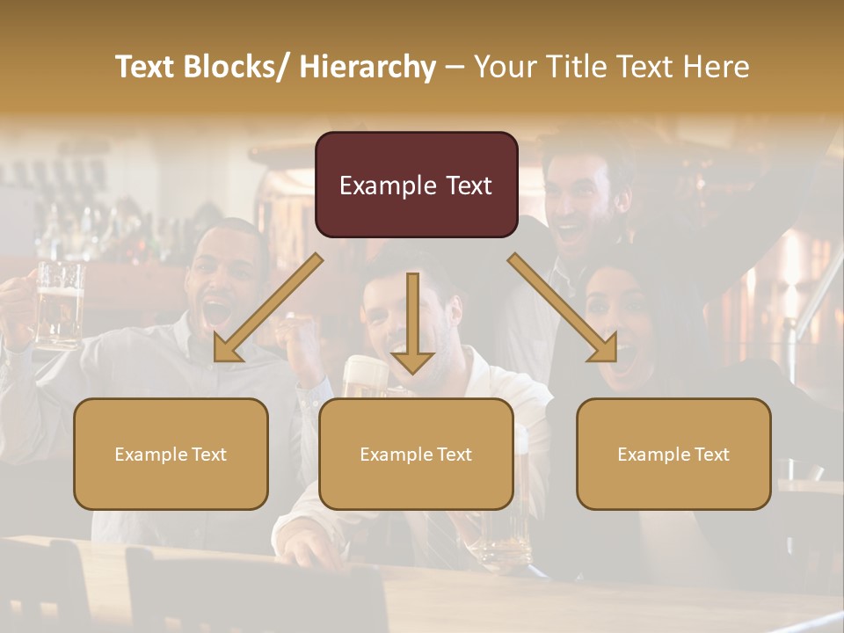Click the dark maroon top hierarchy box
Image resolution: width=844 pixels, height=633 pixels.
416,185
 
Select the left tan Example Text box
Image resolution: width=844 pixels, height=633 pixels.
171,454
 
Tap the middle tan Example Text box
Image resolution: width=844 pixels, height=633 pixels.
416,454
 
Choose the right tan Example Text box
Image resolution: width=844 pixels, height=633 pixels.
673,454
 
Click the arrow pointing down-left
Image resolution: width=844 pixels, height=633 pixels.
267,309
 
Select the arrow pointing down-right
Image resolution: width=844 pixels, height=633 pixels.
563,309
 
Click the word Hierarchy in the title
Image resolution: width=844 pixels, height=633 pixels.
367,67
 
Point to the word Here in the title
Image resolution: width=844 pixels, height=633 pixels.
717,67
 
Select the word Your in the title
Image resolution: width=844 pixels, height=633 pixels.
504,67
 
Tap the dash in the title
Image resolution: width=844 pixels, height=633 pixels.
455,67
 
